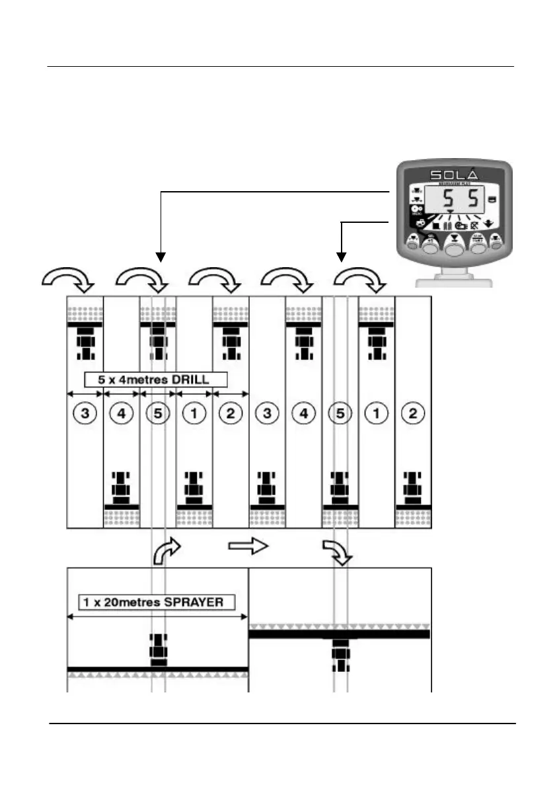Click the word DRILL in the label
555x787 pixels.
click(199, 380)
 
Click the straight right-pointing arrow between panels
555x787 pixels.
click(248, 546)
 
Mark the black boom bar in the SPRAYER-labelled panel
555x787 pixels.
click(158, 669)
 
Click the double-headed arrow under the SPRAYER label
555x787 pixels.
click(158, 616)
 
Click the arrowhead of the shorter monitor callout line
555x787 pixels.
click(342, 255)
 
